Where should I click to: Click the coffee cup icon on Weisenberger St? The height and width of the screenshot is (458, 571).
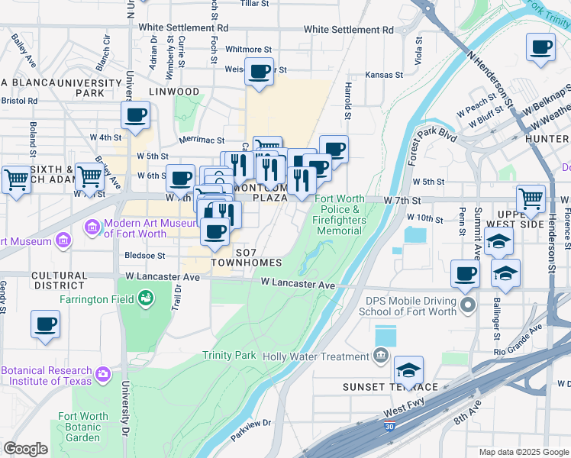coord(260,73)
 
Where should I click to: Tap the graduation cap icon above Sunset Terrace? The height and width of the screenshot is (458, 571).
coord(408,371)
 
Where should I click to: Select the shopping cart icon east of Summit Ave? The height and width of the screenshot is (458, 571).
coord(531,199)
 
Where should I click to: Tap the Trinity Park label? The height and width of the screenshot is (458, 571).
coord(230,356)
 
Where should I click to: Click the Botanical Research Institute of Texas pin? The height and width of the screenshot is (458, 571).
coord(103,375)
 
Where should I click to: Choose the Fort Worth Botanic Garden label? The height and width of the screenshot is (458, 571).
coord(79,427)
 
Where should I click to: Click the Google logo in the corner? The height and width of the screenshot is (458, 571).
coord(25,449)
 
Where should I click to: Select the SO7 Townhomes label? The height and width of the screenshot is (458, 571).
coord(247,257)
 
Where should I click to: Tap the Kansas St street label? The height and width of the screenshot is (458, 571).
coord(383,75)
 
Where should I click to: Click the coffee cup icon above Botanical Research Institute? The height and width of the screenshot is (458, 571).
coord(45,324)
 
